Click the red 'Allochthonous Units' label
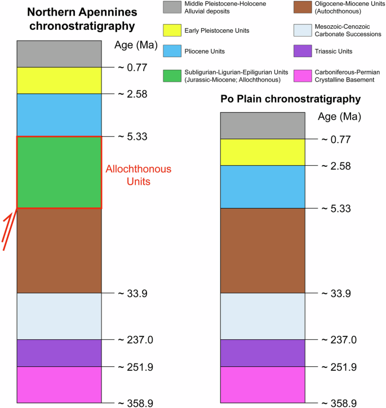click(x=139, y=175)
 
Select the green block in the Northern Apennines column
click(x=59, y=172)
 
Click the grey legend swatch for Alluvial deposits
click(x=172, y=8)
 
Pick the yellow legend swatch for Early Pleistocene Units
click(x=172, y=30)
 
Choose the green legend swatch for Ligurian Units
click(x=172, y=76)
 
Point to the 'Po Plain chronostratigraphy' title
click(x=290, y=99)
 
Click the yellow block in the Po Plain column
click(x=263, y=152)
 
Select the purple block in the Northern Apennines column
click(x=59, y=353)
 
